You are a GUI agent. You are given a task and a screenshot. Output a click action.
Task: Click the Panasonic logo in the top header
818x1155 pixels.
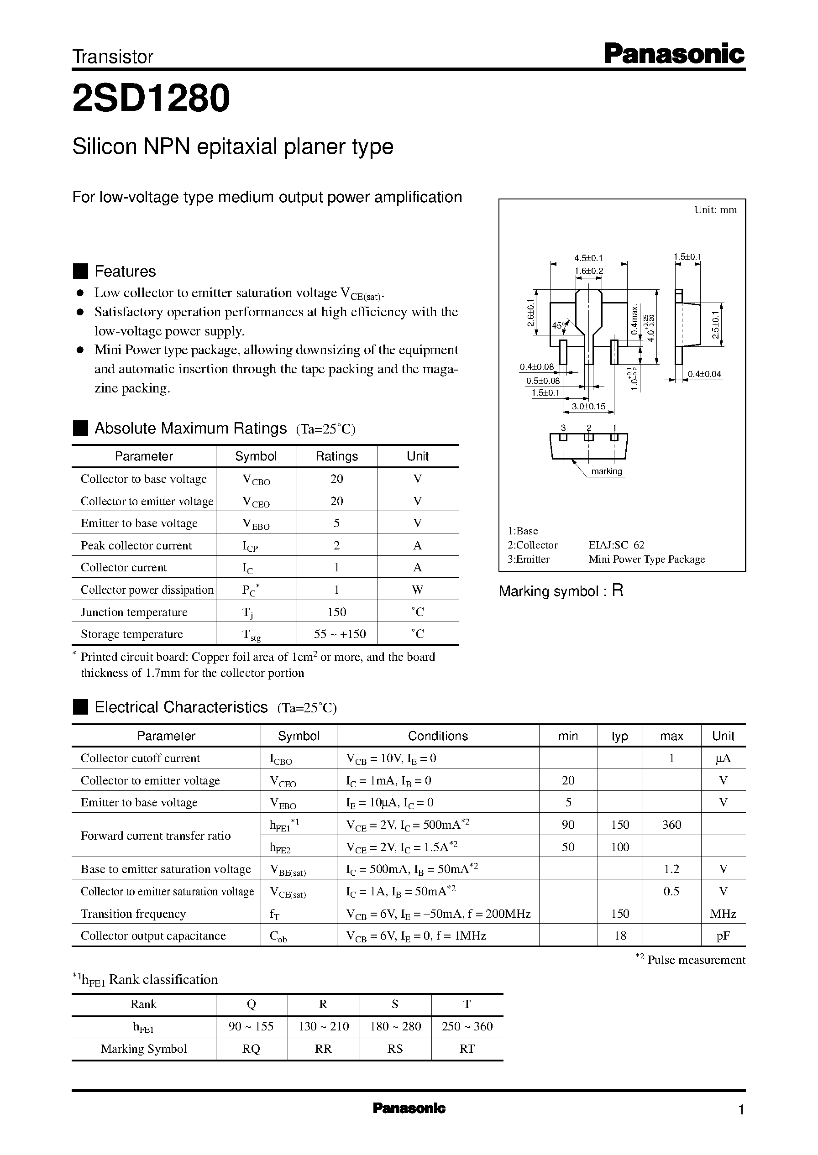coord(673,54)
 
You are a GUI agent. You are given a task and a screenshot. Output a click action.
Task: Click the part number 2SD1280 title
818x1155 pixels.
coord(151,99)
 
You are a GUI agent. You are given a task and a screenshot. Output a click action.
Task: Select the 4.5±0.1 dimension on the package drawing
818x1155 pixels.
coord(588,258)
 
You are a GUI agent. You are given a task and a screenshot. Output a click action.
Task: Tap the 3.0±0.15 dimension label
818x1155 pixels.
coord(588,406)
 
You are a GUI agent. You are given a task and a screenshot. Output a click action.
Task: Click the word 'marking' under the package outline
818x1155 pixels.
coord(607,471)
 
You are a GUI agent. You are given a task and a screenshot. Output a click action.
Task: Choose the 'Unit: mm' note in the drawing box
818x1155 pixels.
coord(715,210)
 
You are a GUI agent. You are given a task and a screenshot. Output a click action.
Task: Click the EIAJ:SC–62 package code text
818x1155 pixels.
coord(616,545)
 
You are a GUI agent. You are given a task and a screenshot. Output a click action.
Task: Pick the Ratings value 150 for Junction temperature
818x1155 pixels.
coord(336,612)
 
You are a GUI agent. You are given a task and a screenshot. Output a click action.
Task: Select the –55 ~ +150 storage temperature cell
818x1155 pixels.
coord(336,634)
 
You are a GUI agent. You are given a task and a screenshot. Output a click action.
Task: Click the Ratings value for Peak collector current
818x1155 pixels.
coord(336,545)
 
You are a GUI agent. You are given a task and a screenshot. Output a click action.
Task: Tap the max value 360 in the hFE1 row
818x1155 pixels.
coord(671,825)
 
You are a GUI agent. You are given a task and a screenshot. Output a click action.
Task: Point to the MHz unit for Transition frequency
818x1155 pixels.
coord(723,913)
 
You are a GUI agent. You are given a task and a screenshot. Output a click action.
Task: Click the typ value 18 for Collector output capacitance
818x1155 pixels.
coord(620,935)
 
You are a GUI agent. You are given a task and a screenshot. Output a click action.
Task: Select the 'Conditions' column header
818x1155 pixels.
coord(438,736)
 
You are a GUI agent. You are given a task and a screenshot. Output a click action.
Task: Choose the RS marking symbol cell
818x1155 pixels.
coord(395,1049)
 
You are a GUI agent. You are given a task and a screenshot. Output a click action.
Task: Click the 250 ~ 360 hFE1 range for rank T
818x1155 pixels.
coord(467,1027)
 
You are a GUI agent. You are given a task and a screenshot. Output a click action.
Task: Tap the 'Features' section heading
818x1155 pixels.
coord(125,272)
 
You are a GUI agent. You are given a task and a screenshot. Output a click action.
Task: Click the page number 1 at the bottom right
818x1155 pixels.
coord(740,1110)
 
